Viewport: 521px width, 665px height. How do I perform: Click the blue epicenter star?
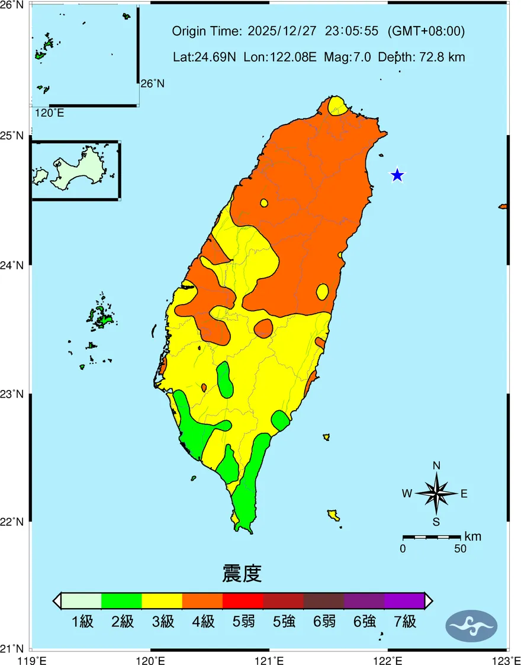[397, 175]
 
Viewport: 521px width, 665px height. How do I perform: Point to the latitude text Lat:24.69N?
[204, 57]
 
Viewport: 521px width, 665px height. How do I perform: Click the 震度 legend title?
[242, 574]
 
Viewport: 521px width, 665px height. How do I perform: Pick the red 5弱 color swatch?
[243, 600]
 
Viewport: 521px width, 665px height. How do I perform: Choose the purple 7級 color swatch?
[404, 600]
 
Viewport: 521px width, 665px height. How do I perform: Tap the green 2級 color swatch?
[121, 600]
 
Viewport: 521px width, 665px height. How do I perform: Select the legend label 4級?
[203, 622]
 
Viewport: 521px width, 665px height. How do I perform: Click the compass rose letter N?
[436, 466]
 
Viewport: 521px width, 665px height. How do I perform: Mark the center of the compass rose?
[436, 493]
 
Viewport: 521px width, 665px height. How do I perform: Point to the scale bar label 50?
[460, 549]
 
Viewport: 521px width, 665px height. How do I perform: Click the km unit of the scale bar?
[473, 537]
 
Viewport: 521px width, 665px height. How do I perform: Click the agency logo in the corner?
[471, 625]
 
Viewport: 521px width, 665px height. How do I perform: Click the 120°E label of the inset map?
[50, 113]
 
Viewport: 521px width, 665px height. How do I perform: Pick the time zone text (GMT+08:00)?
[426, 31]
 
